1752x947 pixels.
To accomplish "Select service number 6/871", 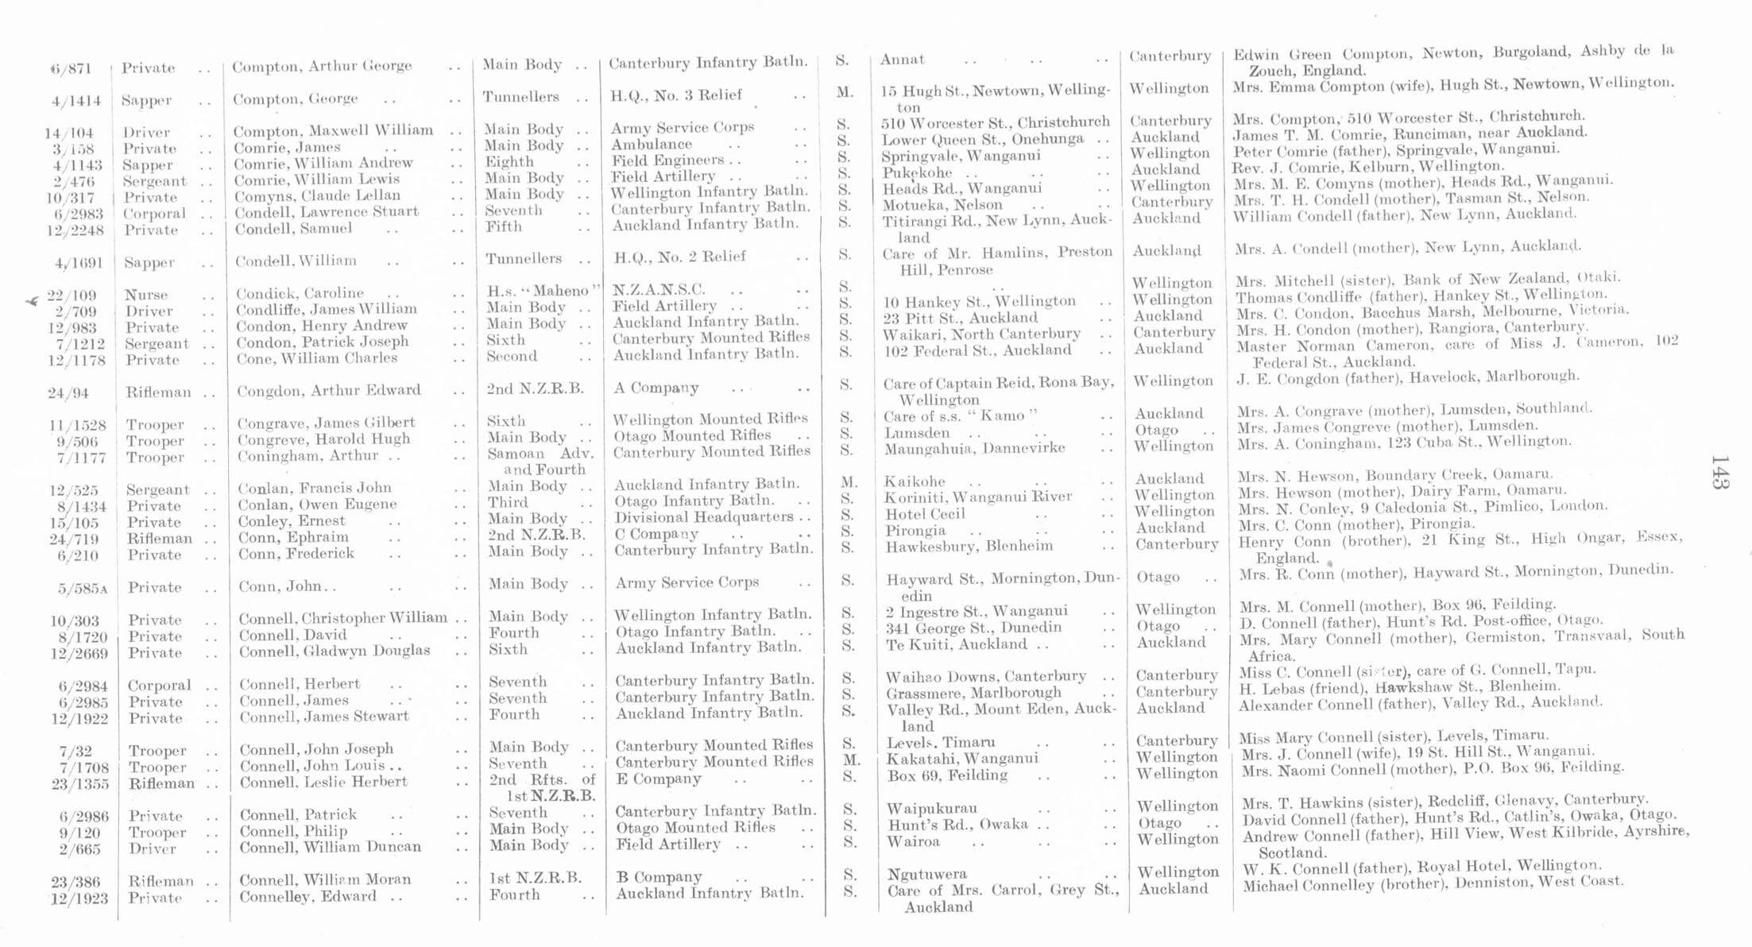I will tap(73, 69).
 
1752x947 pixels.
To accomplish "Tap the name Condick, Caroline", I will tap(300, 293).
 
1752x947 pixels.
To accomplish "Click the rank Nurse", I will tap(146, 295).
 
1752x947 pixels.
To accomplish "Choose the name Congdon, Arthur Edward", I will tap(329, 390).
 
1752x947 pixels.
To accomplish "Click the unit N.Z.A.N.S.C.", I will tap(659, 290).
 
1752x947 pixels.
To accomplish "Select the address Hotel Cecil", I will tap(925, 514).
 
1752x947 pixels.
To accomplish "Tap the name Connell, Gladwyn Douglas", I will tap(335, 651).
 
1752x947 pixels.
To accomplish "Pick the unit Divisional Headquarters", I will tap(704, 517).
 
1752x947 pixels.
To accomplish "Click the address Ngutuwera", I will tap(926, 875).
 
